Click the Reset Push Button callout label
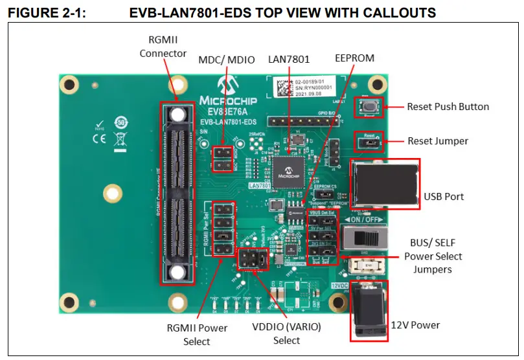click(448, 106)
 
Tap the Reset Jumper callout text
click(437, 141)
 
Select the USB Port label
click(444, 196)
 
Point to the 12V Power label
click(415, 325)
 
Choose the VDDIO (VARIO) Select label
click(286, 333)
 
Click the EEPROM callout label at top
click(354, 58)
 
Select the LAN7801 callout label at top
click(289, 59)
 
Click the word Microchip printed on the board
click(227, 100)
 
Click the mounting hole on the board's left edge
click(113, 193)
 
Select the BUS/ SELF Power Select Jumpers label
click(433, 256)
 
